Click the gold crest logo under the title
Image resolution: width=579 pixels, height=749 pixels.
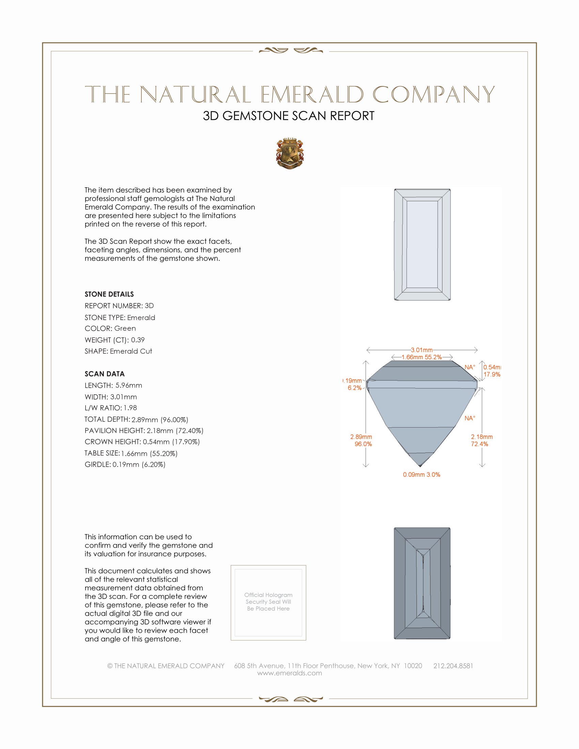coord(290,154)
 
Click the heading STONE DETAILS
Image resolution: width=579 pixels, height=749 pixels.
coord(109,294)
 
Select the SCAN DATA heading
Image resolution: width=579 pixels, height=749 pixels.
coord(105,374)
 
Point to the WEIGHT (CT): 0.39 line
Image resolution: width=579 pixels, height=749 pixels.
coord(114,340)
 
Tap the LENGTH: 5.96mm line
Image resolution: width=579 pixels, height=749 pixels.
coord(113,385)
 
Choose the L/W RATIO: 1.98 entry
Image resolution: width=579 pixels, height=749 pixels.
coord(110,408)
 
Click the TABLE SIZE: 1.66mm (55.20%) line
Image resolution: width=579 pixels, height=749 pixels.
coord(131,453)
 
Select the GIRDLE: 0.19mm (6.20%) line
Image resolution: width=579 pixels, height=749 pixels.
coord(125,465)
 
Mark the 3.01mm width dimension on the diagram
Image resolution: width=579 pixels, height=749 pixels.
coord(422,350)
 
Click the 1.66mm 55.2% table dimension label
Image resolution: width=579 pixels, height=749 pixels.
coord(422,357)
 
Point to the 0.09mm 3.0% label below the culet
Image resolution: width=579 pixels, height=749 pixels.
coord(422,475)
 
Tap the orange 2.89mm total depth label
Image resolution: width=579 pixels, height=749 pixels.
coord(361,437)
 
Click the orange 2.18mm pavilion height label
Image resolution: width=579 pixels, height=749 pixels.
coord(482,437)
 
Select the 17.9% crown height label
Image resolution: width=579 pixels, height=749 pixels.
coord(491,374)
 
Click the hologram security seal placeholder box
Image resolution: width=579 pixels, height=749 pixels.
coord(268,603)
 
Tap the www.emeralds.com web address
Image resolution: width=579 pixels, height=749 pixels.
coord(289,673)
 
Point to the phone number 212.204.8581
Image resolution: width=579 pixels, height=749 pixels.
coord(453,666)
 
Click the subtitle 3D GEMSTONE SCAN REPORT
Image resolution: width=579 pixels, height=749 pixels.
coord(288,116)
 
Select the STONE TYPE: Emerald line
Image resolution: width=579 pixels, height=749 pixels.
coord(120,318)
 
